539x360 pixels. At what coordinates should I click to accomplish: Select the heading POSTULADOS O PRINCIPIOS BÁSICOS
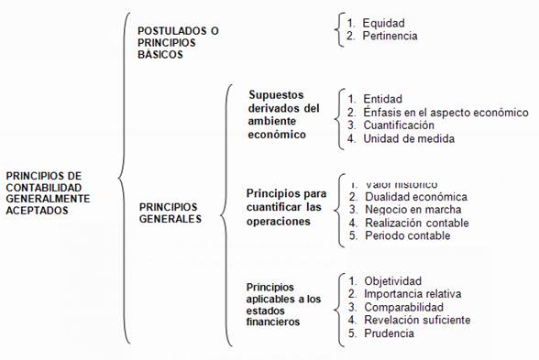pos(178,42)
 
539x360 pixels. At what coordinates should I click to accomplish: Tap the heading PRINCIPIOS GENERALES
pos(172,213)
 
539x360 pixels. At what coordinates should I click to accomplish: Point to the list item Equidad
pos(383,23)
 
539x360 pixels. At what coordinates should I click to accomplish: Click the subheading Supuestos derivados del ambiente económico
pos(284,115)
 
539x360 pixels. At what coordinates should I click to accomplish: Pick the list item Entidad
pos(382,99)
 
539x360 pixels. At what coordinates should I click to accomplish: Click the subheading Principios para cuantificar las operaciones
pos(287,207)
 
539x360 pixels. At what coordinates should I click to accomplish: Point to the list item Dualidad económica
pos(416,197)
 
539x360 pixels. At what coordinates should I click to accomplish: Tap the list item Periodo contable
pos(407,235)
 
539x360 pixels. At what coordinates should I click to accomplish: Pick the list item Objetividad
pos(392,280)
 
